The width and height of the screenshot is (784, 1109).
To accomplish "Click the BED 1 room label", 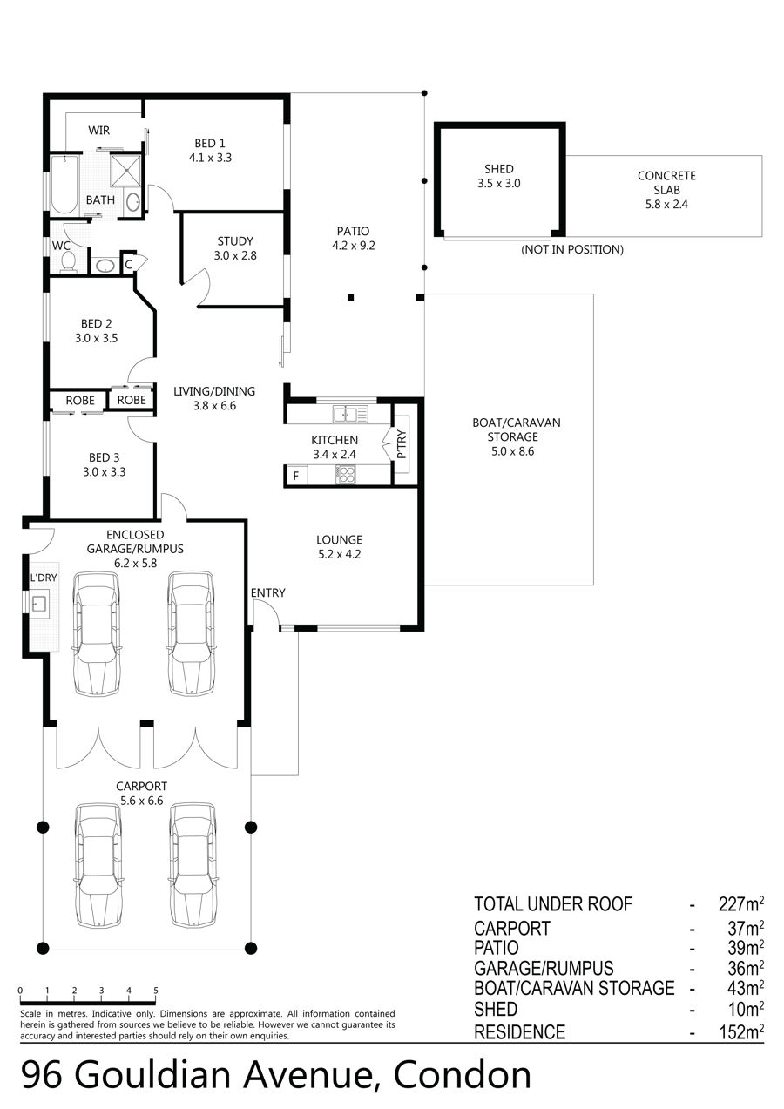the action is (210, 143).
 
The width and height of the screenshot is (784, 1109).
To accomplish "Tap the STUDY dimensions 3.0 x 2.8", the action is (235, 255).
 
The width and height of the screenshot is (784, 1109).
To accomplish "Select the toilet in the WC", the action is (68, 260).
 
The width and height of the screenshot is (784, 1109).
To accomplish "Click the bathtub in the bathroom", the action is (64, 184).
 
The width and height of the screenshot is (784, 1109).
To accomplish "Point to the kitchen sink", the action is (350, 414).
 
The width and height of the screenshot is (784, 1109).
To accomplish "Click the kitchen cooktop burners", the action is (346, 474).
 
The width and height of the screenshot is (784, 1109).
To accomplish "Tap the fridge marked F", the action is (296, 476).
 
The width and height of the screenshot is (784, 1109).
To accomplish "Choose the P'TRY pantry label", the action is (402, 443).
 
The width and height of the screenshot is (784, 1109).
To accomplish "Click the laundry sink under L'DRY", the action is (39, 604).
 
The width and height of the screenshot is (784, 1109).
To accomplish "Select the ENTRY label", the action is (267, 592).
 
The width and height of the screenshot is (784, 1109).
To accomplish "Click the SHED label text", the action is (499, 169).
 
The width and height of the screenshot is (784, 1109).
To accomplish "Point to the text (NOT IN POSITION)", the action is (572, 249).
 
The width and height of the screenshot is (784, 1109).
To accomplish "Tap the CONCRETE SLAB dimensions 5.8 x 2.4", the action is (666, 204).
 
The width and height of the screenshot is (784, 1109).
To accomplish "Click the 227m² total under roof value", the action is (741, 904).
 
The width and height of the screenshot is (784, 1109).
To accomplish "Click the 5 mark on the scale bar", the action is (155, 991).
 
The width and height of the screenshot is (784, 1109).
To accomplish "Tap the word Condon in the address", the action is (462, 1075).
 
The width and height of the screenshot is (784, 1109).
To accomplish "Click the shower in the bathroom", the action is (125, 170).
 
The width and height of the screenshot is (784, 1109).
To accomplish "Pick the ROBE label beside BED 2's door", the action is (132, 400).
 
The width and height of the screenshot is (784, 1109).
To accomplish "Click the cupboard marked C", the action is (128, 265).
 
